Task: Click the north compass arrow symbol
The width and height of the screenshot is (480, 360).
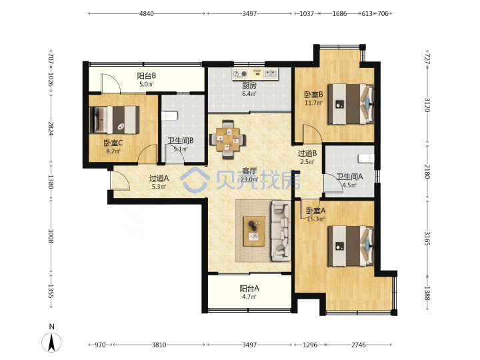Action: [51, 341]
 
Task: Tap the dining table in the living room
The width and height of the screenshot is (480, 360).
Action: [227, 139]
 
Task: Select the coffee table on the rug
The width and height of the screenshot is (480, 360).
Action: [254, 231]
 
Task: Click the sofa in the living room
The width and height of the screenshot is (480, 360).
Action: [281, 231]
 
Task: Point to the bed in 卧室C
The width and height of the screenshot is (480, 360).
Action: [114, 120]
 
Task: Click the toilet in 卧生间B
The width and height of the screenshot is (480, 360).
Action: [169, 116]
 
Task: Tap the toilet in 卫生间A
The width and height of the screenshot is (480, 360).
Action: [366, 158]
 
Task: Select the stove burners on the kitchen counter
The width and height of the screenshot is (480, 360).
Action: [240, 73]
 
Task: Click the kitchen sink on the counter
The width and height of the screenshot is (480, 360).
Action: [271, 73]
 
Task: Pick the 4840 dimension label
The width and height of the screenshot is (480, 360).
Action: [147, 13]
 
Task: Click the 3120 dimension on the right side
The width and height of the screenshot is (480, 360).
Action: [427, 105]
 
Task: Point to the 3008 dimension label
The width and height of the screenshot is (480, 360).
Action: [51, 236]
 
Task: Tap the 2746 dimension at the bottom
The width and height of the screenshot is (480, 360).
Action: [358, 345]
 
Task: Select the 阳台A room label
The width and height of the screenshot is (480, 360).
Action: [249, 288]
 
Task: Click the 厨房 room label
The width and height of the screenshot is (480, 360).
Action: [249, 86]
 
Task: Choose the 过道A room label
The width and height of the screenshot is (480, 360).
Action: [159, 178]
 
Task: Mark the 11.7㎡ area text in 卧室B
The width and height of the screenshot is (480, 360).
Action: [313, 103]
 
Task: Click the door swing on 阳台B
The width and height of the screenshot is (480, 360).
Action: [110, 83]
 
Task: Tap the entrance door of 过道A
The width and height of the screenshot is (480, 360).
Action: [120, 181]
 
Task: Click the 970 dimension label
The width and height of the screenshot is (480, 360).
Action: [100, 345]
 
